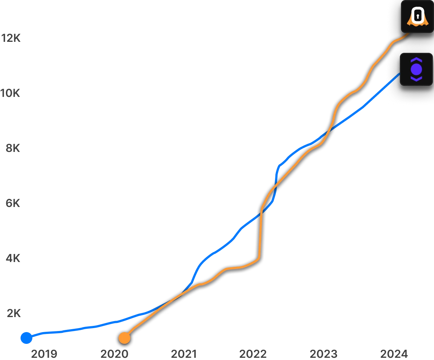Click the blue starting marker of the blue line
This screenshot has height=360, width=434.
click(26, 338)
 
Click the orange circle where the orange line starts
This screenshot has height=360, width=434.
click(124, 338)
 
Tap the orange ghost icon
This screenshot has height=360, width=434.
click(417, 17)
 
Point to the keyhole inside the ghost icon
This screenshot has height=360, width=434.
click(417, 16)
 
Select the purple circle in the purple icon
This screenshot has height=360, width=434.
click(416, 69)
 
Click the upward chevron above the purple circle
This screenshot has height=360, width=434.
click(416, 60)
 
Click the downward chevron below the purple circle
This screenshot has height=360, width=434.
click(416, 78)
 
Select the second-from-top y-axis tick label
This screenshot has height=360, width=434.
click(11, 93)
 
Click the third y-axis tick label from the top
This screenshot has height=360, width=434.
click(13, 148)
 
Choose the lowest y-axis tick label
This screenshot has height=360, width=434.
click(14, 313)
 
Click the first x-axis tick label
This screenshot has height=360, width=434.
click(44, 354)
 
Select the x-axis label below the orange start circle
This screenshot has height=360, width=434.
click(115, 354)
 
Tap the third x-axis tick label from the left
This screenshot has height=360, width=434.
click(184, 354)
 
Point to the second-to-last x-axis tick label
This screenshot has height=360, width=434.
click(323, 354)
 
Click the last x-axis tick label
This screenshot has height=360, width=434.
click(394, 354)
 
